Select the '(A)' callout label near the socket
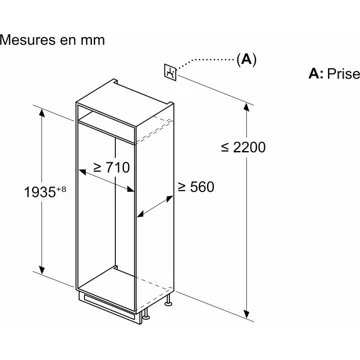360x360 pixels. tap(244, 59)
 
